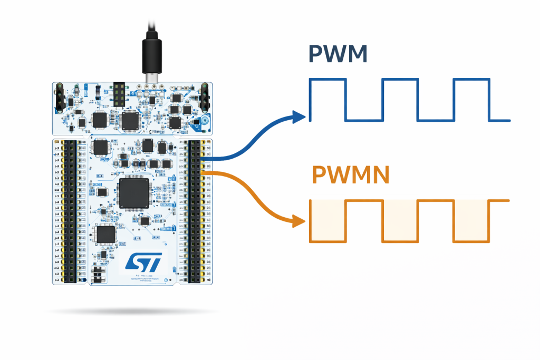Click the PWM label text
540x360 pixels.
337,55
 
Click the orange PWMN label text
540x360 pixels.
350,175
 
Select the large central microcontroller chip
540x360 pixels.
134,193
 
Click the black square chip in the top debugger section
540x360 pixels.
129,120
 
